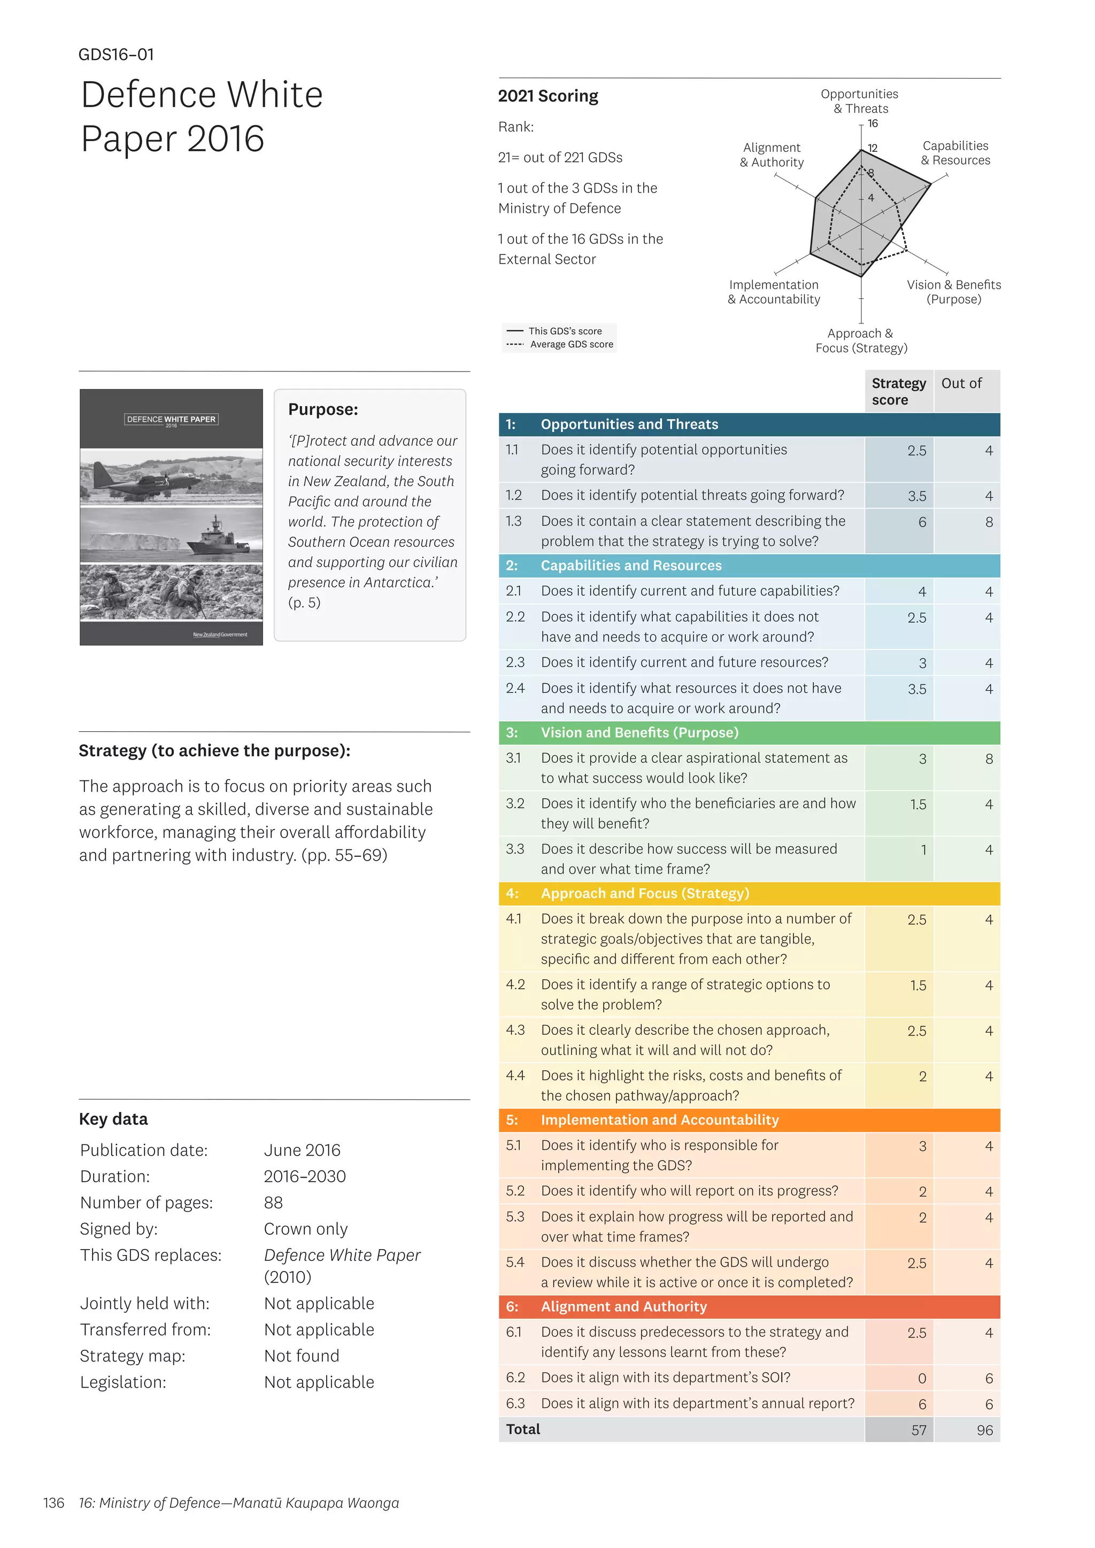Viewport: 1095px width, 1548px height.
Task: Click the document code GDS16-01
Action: tap(116, 55)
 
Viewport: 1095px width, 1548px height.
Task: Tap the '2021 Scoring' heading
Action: tap(547, 96)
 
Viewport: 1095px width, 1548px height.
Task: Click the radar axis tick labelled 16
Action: tap(873, 123)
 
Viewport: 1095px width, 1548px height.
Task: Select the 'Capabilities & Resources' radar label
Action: tap(955, 153)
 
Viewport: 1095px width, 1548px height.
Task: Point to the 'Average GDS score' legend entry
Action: tap(570, 345)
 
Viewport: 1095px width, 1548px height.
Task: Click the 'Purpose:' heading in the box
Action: tap(322, 409)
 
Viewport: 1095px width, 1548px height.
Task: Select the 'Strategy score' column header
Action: tap(898, 391)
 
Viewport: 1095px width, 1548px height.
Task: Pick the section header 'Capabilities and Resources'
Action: tap(630, 566)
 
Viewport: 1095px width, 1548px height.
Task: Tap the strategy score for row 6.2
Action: tap(921, 1379)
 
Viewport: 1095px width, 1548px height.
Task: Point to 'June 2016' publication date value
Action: tap(302, 1150)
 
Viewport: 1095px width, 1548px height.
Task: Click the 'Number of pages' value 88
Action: tap(273, 1203)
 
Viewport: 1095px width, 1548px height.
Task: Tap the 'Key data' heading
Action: tap(113, 1119)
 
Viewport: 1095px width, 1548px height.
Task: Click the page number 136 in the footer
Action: tap(53, 1503)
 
